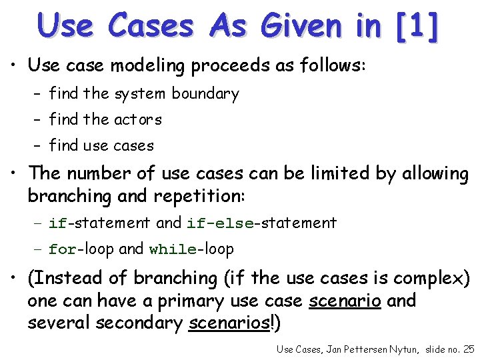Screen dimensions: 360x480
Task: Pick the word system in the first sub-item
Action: [141, 94]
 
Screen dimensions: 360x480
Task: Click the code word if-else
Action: [220, 223]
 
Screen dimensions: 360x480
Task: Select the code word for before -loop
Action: [63, 250]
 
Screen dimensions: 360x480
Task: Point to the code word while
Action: [173, 250]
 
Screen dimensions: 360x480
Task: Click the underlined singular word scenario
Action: [345, 301]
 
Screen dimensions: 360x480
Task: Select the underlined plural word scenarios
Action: [231, 323]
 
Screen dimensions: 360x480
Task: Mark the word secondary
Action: [138, 323]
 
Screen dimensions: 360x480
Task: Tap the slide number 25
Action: [468, 349]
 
